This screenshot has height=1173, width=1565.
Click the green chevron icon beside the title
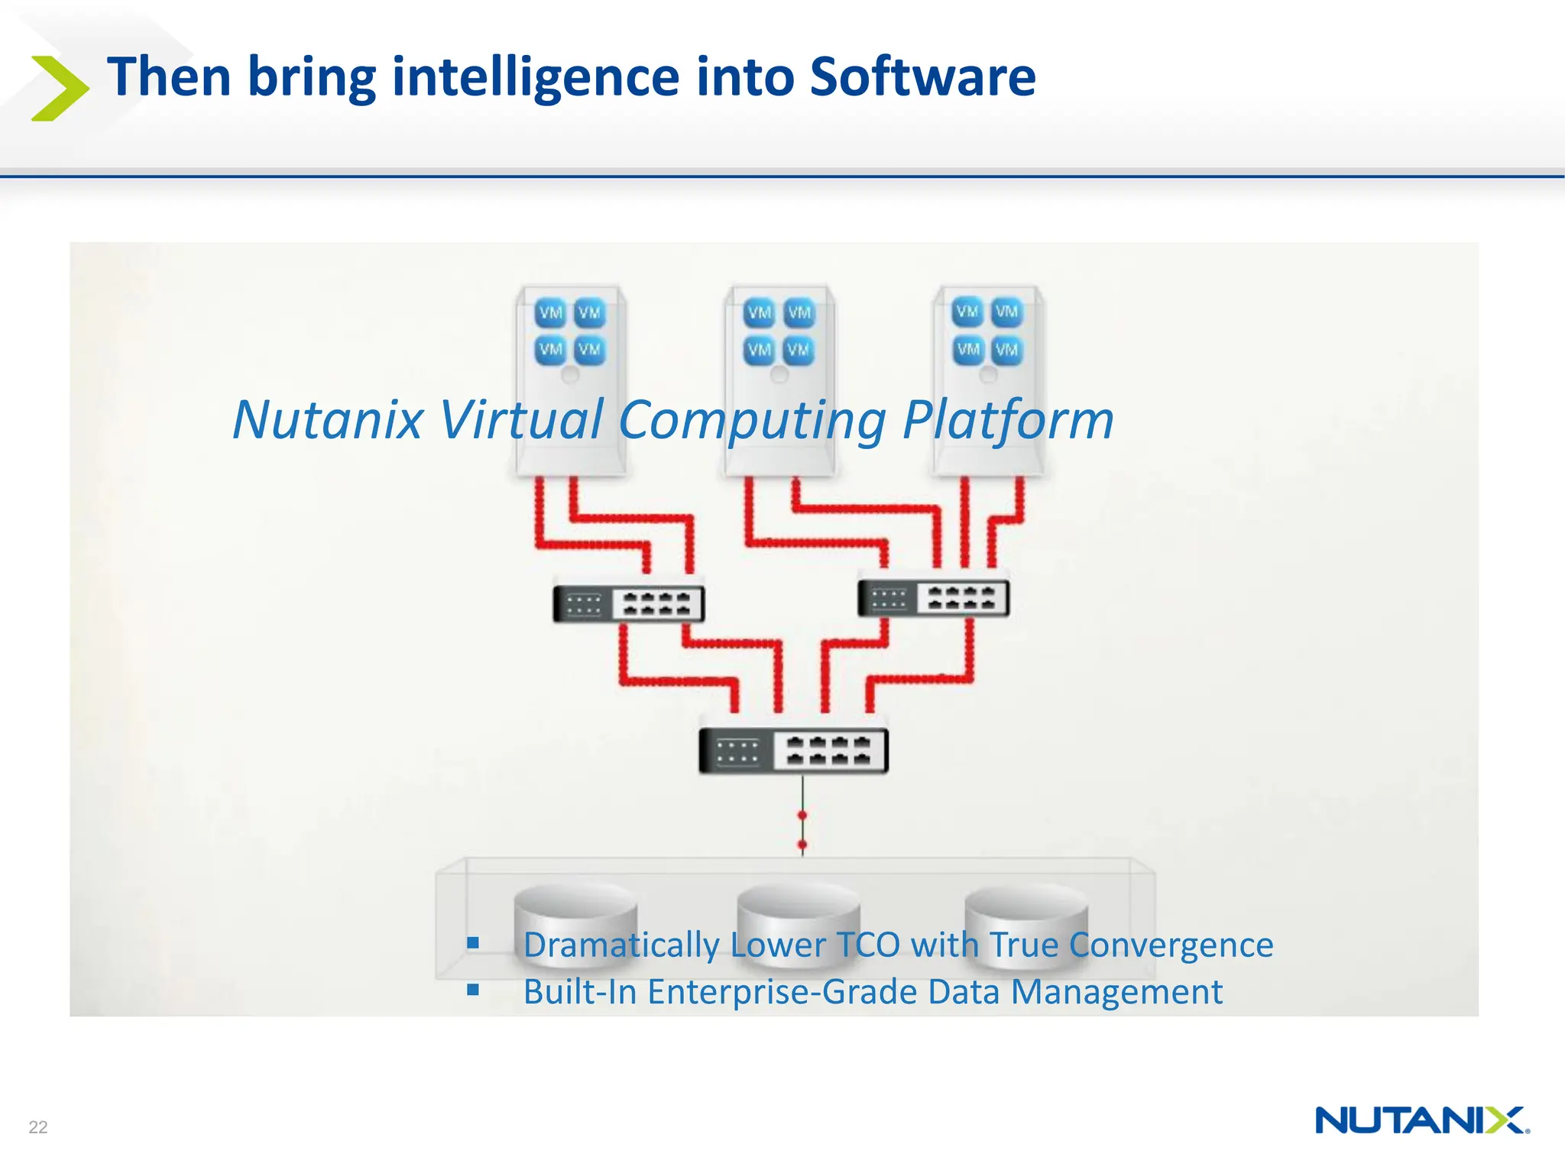pyautogui.click(x=60, y=88)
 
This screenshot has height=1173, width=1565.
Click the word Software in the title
pyautogui.click(x=922, y=77)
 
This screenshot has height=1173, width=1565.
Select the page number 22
pyautogui.click(x=38, y=1126)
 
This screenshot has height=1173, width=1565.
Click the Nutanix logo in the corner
pyautogui.click(x=1421, y=1120)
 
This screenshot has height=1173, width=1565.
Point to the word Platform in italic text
pyautogui.click(x=1007, y=419)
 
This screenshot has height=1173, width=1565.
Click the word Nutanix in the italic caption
pyautogui.click(x=328, y=419)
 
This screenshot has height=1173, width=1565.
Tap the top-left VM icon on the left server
pyautogui.click(x=550, y=312)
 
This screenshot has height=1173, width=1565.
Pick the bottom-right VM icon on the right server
pyautogui.click(x=1006, y=350)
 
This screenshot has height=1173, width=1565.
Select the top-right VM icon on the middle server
pyautogui.click(x=799, y=312)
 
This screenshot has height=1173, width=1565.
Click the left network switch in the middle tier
pyautogui.click(x=628, y=603)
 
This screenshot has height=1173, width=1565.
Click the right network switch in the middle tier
pyautogui.click(x=933, y=598)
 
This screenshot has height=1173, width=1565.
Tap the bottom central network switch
pyautogui.click(x=793, y=751)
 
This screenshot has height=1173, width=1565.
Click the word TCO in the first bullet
pyautogui.click(x=867, y=945)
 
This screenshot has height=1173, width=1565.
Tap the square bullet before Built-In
pyautogui.click(x=473, y=990)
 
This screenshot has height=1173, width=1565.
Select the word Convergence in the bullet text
pyautogui.click(x=1171, y=945)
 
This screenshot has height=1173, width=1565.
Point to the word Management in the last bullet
pyautogui.click(x=1116, y=992)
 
